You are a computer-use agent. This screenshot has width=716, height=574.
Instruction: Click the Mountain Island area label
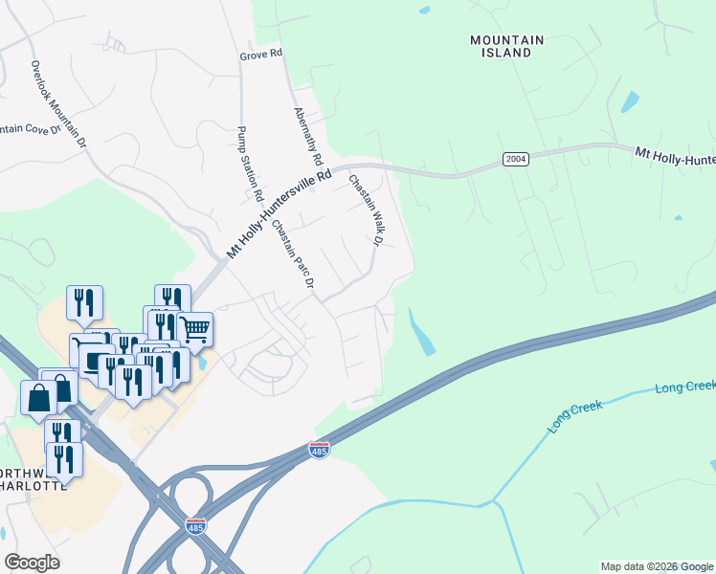(506, 47)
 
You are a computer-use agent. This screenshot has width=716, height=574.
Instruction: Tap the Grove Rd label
(260, 56)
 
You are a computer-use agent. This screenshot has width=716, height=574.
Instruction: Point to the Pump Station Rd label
(251, 163)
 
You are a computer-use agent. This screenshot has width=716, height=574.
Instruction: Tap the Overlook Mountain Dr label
(58, 104)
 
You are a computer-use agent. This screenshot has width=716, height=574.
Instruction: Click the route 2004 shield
(516, 160)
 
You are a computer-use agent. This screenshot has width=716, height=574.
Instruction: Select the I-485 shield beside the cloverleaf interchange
(193, 525)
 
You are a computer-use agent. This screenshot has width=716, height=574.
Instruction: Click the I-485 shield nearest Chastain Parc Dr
(320, 449)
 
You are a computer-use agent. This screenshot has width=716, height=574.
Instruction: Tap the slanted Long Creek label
(575, 419)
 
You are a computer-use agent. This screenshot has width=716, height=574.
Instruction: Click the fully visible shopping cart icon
(195, 329)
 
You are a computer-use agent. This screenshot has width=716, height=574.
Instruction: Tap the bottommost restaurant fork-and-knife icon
(65, 459)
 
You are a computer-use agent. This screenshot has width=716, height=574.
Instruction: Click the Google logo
(32, 563)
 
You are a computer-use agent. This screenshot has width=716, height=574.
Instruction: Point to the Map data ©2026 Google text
(657, 566)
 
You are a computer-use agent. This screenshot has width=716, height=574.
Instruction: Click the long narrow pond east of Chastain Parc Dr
(419, 332)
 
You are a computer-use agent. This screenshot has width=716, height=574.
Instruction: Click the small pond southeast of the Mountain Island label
(629, 101)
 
